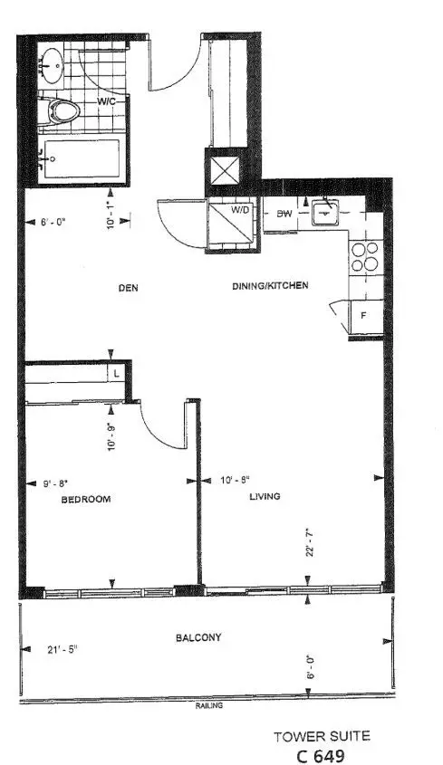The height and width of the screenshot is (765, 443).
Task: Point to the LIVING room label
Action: point(265,496)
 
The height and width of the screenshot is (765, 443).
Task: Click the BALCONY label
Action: point(198,637)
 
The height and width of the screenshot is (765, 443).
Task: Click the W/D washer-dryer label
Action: point(240,210)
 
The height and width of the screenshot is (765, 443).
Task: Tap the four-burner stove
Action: point(365,256)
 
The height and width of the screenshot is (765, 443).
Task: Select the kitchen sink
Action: point(323,215)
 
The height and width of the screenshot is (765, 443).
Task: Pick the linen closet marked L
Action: point(118,372)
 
